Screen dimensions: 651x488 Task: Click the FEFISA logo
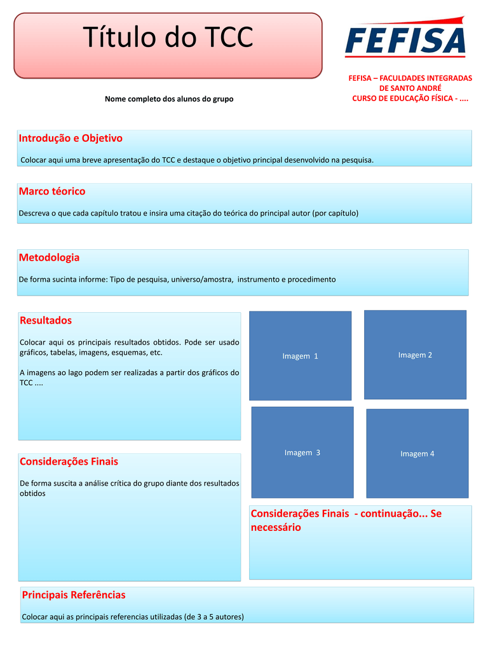tap(405, 39)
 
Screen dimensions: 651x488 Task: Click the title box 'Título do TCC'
tap(168, 45)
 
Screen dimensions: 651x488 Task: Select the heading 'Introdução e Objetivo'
tap(71, 138)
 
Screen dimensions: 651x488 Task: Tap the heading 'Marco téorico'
tap(52, 191)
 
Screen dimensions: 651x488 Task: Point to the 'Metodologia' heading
tap(50, 257)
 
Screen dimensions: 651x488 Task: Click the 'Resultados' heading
tap(46, 320)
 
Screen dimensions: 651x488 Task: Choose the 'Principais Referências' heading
tap(74, 595)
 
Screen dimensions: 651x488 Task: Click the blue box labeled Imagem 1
tap(300, 355)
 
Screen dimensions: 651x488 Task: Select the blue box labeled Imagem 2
tap(415, 354)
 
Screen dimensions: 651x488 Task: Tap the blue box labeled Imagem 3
tap(302, 452)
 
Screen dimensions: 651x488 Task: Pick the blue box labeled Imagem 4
tap(417, 453)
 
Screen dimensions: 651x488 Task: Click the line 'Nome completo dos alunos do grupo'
tap(169, 99)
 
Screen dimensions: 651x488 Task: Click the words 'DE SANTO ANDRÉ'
tap(410, 88)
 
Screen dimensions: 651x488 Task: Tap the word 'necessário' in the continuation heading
tap(276, 528)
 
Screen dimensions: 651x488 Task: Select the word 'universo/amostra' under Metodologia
tap(202, 279)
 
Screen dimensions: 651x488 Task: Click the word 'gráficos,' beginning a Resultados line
tap(34, 352)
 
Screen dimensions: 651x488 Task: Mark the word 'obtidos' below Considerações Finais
tap(33, 493)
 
